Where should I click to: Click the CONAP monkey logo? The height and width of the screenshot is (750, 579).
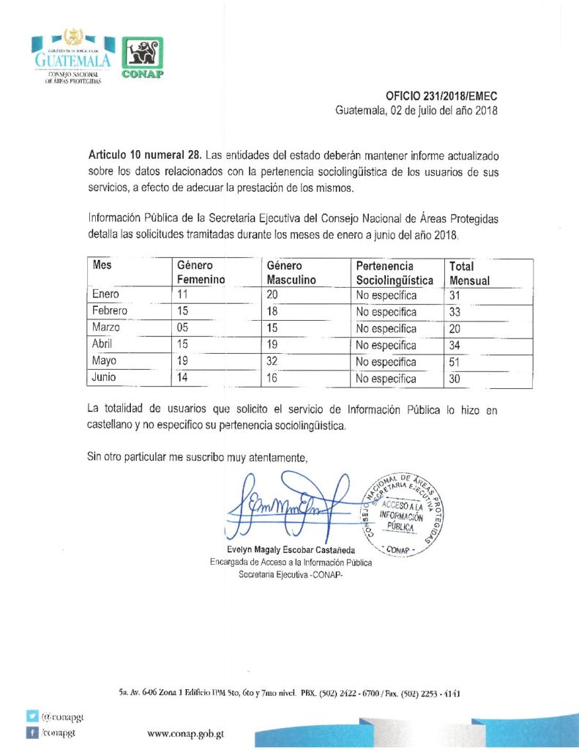141,58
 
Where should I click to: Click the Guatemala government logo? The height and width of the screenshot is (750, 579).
72,57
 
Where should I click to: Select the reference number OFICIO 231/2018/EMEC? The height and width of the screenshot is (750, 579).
442,97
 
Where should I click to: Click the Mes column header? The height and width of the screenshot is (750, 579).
102,266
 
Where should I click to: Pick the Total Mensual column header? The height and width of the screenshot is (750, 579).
469,272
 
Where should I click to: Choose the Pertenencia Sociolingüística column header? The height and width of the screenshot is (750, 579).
395,272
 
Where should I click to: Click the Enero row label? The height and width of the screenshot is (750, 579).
106,294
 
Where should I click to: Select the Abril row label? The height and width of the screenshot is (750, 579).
105,345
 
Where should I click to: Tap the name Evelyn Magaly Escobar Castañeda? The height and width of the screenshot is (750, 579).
291,550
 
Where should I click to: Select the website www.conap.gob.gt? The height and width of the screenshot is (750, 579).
185,732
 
